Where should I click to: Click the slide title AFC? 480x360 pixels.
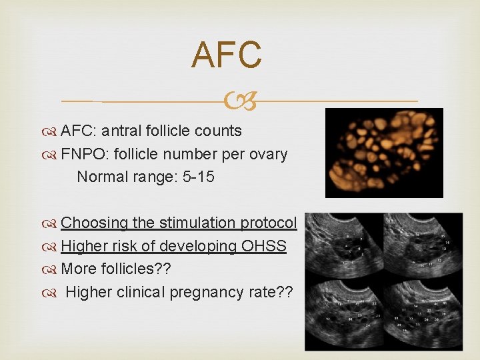tap(226, 55)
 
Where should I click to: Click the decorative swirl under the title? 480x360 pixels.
tap(240, 101)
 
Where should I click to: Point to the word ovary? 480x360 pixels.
tap(267, 154)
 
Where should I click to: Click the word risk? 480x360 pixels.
tap(119, 246)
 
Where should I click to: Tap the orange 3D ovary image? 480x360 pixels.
tap(384, 153)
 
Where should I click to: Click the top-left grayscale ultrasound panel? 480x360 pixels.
tap(344, 247)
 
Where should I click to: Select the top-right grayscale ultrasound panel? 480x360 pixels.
tap(423, 247)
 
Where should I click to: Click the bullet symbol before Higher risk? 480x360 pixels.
tap(52, 247)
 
